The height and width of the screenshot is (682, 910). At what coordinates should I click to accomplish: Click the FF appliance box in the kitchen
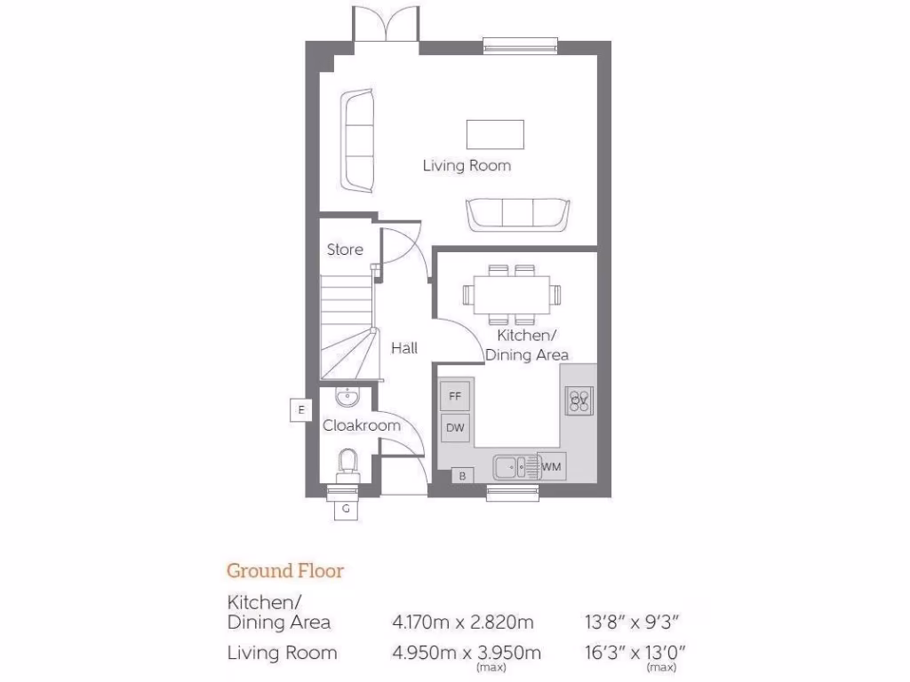(455, 395)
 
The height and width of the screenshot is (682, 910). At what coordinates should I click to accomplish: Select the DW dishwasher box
(455, 428)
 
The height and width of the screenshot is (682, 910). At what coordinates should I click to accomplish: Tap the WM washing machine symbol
(551, 465)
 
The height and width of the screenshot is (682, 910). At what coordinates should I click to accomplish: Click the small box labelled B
(462, 477)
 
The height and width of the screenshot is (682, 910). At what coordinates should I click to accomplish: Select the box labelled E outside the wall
(302, 409)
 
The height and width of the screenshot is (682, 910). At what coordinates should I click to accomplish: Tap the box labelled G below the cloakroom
(346, 509)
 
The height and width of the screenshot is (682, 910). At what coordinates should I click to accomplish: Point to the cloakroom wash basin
(346, 395)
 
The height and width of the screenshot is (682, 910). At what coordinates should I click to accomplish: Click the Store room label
(345, 250)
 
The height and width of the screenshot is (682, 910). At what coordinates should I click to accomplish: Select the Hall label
(404, 348)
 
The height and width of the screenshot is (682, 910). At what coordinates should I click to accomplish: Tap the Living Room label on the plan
(467, 165)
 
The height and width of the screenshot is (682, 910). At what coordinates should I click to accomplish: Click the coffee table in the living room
(495, 134)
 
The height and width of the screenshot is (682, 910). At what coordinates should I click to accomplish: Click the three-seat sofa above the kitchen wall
(517, 214)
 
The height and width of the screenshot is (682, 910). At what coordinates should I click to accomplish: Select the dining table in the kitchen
(511, 293)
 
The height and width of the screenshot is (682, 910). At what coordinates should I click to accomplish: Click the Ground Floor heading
(285, 570)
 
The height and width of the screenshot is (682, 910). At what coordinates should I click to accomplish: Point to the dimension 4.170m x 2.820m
(467, 622)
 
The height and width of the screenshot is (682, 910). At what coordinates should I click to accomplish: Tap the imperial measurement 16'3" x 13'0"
(631, 654)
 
